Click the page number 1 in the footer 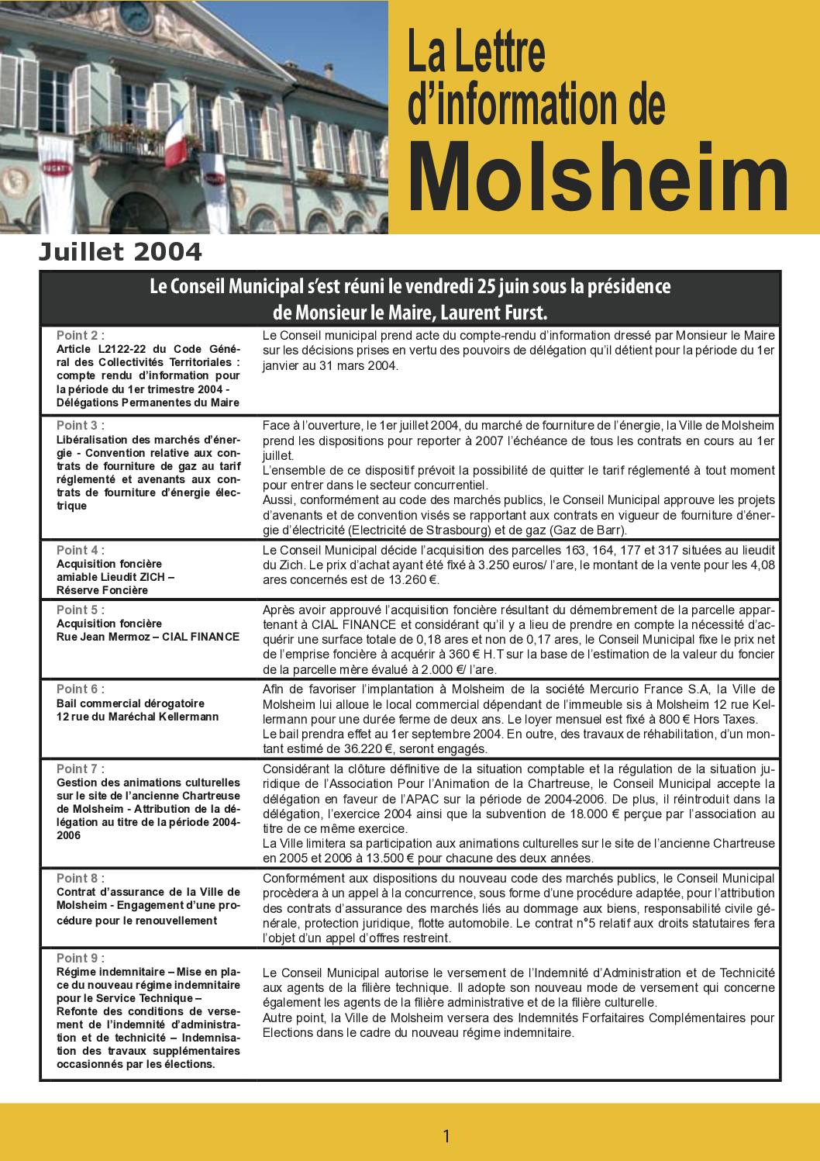point(446,1136)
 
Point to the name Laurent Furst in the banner point(505,313)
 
